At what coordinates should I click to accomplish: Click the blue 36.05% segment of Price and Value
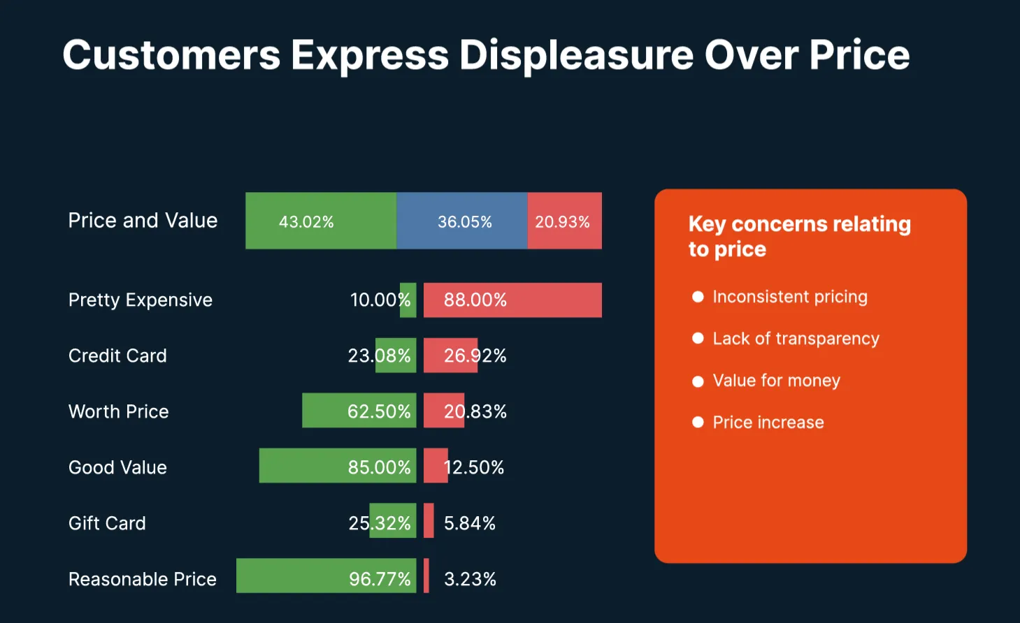coord(461,221)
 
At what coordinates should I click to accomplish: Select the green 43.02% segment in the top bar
coord(320,221)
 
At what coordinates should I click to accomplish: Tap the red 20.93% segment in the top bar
coord(564,221)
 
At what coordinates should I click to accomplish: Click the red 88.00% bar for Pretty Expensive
coord(512,300)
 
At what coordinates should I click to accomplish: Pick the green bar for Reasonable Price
coord(326,576)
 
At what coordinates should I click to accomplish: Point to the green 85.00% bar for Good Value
coord(337,466)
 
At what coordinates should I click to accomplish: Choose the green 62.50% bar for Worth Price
coord(359,411)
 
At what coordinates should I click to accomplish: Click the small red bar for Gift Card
coord(429,521)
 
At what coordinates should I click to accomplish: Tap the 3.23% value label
coord(470,579)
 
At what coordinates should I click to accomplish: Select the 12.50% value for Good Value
coord(475,467)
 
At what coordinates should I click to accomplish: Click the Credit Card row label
coord(117,356)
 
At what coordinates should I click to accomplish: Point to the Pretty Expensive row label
coord(140,300)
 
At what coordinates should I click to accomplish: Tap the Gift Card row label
coord(107,523)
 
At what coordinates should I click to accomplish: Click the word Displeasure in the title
coord(576,54)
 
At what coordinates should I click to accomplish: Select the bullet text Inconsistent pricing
coord(789,297)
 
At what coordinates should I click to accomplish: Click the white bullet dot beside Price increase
coord(697,422)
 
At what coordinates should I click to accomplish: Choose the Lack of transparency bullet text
coord(796,339)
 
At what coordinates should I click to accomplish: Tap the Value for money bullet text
coord(776,381)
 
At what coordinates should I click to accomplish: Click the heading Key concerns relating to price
coord(799,236)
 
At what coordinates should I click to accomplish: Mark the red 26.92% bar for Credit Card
coord(450,356)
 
